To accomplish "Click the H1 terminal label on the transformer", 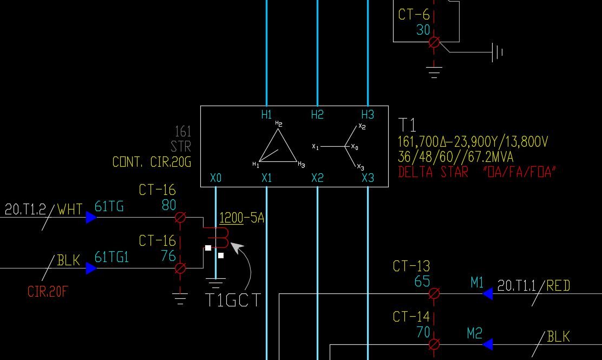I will [266, 115].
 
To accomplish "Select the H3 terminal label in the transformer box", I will [368, 115].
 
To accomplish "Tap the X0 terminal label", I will [215, 178].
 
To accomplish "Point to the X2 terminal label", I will [317, 178].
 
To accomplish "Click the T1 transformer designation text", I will [408, 125].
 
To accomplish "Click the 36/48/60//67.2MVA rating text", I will [456, 158].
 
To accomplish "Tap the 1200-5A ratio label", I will [241, 218].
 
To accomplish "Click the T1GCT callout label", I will [233, 300].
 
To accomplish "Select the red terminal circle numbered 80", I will [181, 218].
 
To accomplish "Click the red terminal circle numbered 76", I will [181, 268].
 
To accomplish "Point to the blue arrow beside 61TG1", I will [91, 268].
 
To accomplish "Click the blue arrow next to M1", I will [487, 294].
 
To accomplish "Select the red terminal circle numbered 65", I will [434, 294].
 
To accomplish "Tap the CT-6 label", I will [414, 15].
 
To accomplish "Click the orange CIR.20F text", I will [48, 292].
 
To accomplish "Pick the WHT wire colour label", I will [70, 209].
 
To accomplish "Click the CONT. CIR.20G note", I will [152, 162].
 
